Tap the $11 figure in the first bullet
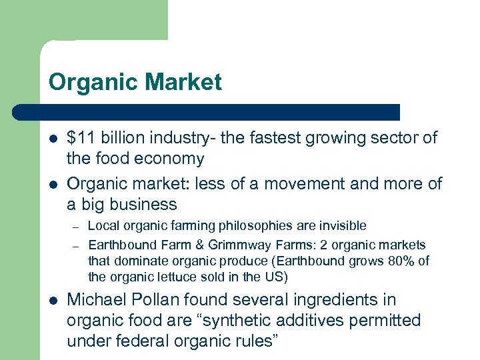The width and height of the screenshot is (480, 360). tap(81, 138)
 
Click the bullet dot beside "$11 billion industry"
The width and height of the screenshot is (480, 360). tap(53, 139)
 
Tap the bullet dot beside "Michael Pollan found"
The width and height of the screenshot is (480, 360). tap(53, 301)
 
